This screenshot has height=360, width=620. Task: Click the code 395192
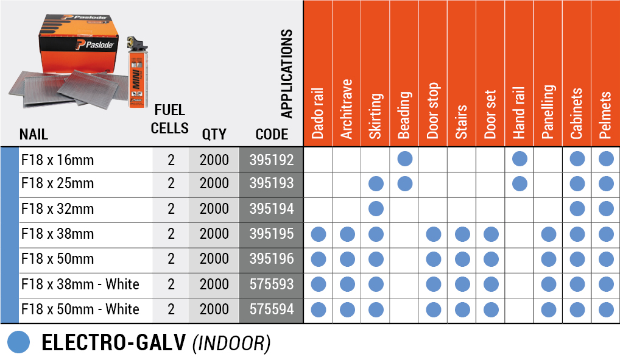271,160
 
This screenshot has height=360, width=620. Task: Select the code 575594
271,309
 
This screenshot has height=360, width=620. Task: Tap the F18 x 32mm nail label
57,210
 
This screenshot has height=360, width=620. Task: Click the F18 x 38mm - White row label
80,284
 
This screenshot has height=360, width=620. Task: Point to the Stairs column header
462,121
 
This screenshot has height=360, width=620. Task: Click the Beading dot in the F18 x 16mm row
404,159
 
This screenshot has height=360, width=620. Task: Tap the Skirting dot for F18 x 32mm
376,209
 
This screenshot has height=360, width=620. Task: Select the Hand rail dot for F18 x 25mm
520,183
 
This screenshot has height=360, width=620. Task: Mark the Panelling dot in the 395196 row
548,259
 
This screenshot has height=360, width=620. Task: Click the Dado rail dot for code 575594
319,309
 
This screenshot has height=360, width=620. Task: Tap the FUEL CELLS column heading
170,119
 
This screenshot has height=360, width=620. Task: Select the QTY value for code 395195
214,235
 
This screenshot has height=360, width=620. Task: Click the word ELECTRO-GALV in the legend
113,343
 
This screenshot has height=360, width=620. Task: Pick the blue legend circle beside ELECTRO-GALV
19,342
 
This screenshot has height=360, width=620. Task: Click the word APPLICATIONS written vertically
287,74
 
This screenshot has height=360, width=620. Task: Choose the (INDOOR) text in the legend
231,344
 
